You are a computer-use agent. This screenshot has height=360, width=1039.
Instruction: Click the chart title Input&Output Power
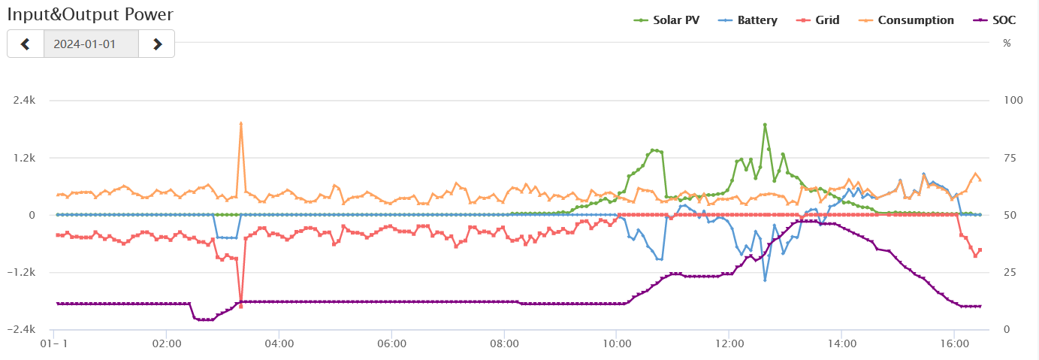[90, 14]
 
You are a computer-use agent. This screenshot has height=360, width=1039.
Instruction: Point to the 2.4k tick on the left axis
[25, 100]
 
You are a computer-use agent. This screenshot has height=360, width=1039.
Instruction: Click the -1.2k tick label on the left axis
[23, 272]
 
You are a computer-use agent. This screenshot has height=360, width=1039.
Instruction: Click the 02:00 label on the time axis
[167, 343]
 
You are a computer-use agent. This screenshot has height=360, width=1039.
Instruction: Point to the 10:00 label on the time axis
[616, 343]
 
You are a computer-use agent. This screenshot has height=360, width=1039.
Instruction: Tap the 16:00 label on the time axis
[953, 343]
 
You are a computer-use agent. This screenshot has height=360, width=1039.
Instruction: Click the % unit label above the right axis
[1007, 43]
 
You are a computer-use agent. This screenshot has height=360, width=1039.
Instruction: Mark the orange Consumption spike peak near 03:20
[241, 123]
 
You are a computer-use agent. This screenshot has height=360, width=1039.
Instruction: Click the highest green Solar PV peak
[765, 125]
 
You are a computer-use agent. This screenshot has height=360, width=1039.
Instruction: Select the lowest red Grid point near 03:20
[241, 307]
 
